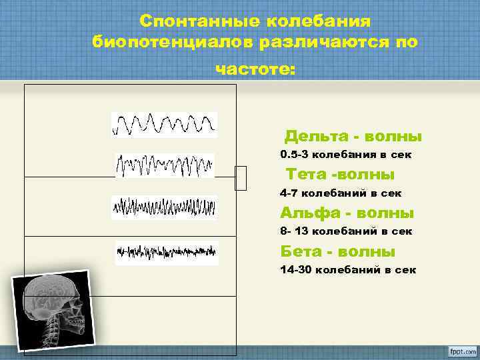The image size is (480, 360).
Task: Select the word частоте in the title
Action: click(254, 69)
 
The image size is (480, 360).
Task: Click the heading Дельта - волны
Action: click(353, 137)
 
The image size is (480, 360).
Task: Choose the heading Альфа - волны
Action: click(347, 213)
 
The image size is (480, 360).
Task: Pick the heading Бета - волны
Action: click(338, 252)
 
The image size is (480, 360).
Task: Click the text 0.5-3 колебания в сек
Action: click(346, 155)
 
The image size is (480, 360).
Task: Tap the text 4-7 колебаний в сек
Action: click(341, 193)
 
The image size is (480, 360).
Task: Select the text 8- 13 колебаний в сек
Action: click(346, 231)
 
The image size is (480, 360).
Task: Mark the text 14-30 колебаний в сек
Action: click(348, 270)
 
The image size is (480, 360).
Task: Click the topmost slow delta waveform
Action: click(164, 125)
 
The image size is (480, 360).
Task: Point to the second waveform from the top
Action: click(165, 165)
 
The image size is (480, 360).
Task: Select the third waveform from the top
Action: click(164, 207)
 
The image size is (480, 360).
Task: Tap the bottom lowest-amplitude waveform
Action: click(166, 253)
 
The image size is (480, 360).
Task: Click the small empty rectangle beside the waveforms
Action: click(241, 178)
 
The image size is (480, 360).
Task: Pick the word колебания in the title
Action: click(319, 22)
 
